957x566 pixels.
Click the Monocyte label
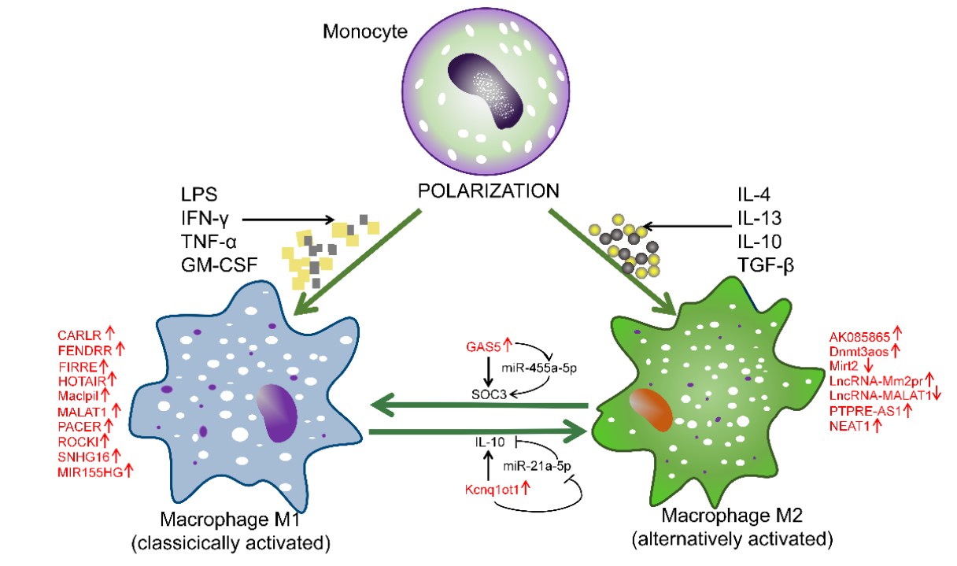365,32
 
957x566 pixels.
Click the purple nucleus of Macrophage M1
277,413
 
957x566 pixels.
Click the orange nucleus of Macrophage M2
651,411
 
